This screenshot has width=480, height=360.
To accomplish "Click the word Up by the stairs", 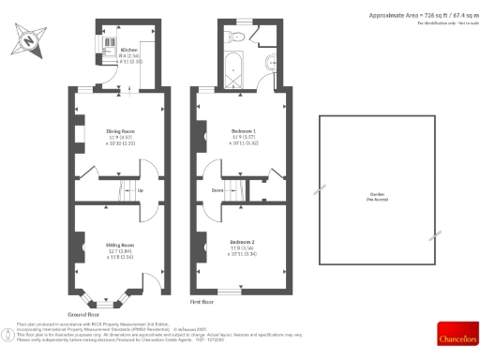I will coord(141,191).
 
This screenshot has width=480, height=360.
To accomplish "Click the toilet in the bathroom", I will coord(237,36).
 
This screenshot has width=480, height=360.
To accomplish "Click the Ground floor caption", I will coord(83,315).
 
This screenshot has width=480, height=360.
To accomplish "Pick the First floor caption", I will coord(203,302).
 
